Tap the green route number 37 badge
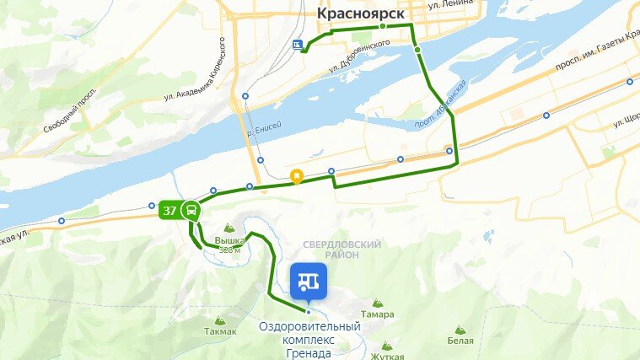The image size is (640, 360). tap(170, 210)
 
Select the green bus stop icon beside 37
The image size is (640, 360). tap(191, 210)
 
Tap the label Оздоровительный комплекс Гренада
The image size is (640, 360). tap(309, 340)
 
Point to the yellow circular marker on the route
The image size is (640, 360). tap(296, 177)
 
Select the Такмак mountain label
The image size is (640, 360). tap(220, 331)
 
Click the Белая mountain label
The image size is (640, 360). tap(460, 341)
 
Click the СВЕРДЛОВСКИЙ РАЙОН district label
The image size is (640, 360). tap(341, 249)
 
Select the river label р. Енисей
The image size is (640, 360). tap(263, 126)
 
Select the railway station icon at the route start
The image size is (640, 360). tap(296, 46)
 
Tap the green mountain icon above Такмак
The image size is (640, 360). tap(220, 320)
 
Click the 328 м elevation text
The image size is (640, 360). tap(229, 250)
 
